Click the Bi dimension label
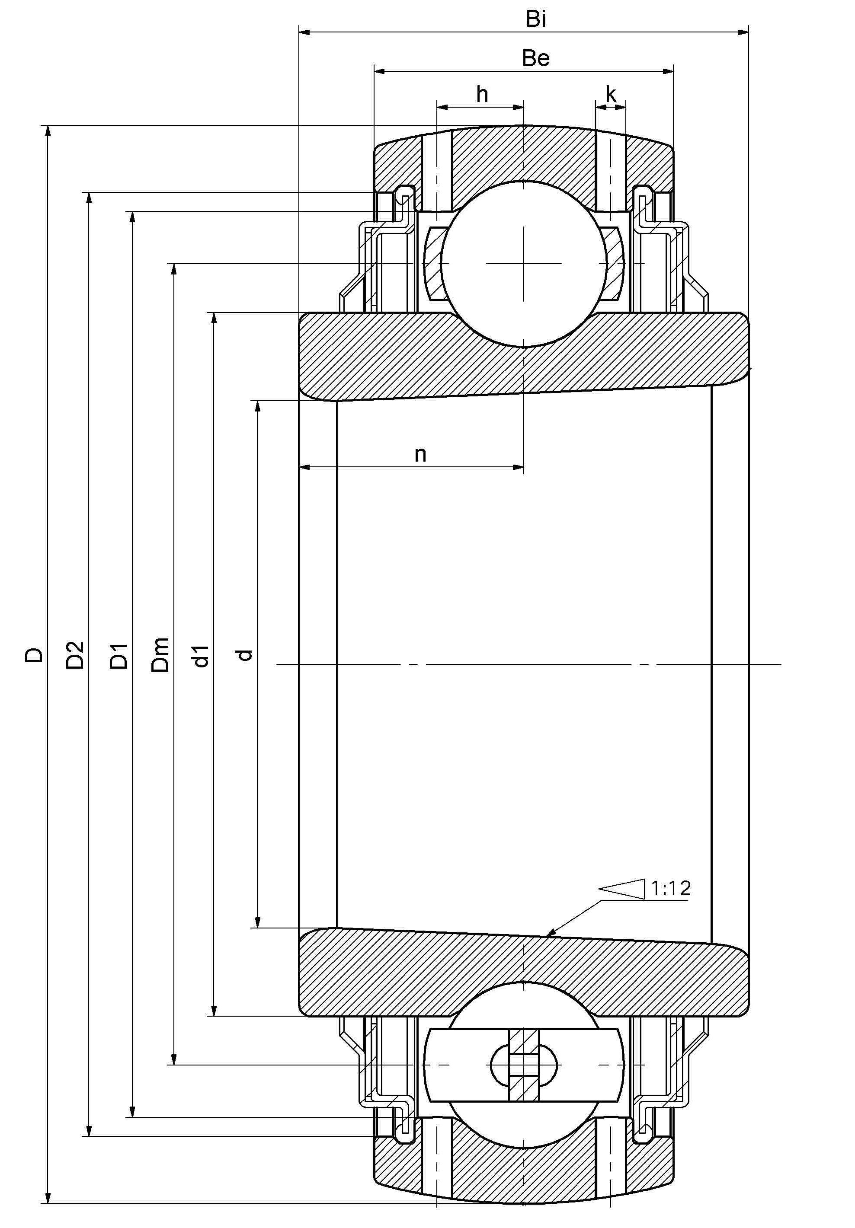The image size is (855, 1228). [x=535, y=19]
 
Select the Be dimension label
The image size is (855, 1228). [x=535, y=58]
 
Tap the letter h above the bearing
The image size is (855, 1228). [x=482, y=95]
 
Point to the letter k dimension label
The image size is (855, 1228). [x=611, y=95]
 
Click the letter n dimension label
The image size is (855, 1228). [x=420, y=454]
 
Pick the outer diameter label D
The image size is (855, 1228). [x=34, y=655]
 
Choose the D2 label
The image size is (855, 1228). [x=75, y=655]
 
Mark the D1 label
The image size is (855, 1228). [x=119, y=656]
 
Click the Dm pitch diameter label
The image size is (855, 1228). [x=160, y=655]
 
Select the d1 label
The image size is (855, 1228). [x=201, y=656]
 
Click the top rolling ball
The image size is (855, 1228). [x=524, y=264]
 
